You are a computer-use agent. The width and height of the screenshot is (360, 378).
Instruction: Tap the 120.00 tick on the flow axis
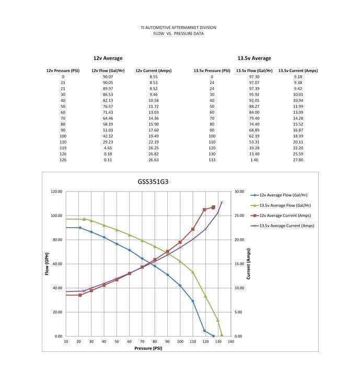56,192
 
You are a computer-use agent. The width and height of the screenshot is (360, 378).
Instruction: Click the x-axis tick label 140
230,341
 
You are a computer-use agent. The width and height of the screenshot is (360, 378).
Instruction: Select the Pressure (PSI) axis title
148,348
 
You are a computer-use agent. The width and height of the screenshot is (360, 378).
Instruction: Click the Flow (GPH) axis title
47,264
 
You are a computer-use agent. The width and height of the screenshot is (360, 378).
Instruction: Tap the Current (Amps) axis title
248,264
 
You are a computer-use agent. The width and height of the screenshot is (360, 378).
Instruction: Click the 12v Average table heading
108,58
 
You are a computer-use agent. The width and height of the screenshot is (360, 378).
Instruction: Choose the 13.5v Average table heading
254,58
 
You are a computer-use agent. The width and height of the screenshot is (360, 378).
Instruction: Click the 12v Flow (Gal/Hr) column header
108,70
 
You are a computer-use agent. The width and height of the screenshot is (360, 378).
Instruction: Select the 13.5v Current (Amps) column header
298,70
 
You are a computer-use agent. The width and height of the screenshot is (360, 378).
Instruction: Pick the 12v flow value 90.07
108,77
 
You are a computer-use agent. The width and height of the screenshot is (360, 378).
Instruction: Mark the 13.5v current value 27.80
298,160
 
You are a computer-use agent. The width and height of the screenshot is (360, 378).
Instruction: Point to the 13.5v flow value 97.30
254,77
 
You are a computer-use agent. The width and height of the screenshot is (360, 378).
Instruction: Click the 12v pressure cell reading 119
63,148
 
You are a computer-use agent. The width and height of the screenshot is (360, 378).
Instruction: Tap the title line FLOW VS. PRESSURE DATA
179,33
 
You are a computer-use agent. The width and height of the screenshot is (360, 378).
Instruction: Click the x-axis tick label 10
66,341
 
